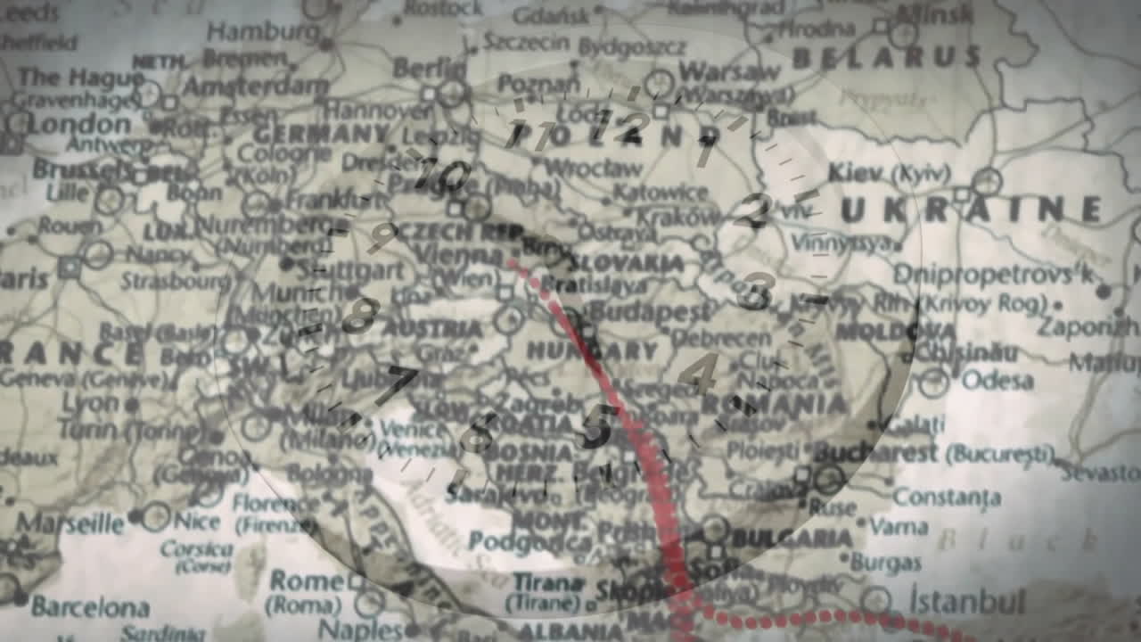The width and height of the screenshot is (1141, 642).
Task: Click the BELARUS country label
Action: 886,58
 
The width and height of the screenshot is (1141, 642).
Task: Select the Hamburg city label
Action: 250,32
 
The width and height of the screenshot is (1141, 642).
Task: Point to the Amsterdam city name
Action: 256,86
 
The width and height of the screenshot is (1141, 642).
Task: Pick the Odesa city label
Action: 997,381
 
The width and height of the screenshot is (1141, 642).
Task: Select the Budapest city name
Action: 653,312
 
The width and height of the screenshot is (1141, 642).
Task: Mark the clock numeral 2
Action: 754,210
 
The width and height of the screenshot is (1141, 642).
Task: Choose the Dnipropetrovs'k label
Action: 993,274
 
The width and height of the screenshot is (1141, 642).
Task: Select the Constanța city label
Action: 947,497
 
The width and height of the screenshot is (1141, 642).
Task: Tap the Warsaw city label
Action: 728,71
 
